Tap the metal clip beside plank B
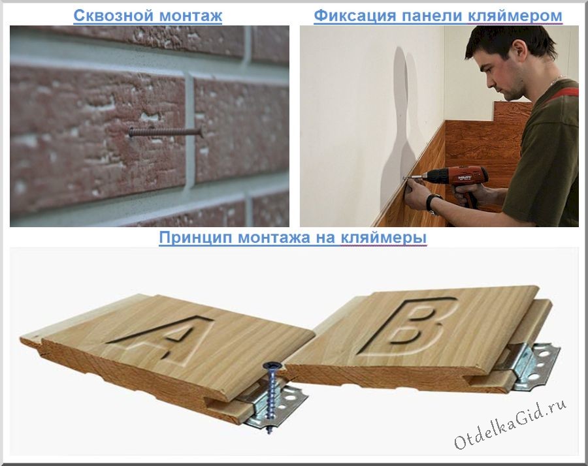click(x=529, y=363)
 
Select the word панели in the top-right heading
click(x=432, y=16)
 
